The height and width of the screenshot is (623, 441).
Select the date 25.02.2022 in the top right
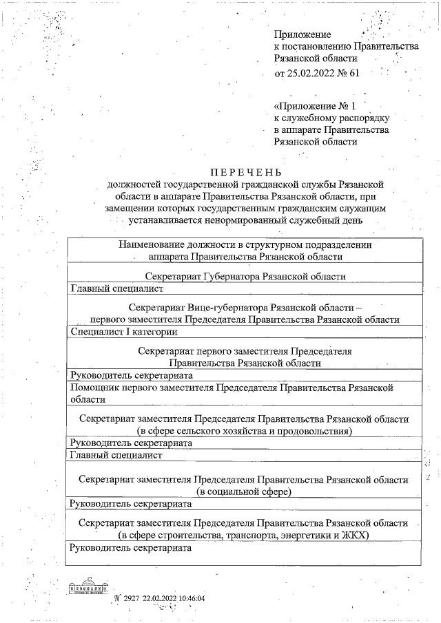tap(314, 73)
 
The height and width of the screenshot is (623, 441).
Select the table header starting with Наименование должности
tap(245, 250)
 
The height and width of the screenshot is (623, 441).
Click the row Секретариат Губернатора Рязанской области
tap(245, 276)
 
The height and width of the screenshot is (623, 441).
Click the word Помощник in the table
tap(96, 388)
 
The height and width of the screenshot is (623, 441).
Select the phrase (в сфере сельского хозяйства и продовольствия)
tap(245, 431)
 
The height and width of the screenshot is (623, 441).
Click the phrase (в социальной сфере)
tap(245, 492)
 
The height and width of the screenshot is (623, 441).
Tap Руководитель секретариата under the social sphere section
tap(131, 504)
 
